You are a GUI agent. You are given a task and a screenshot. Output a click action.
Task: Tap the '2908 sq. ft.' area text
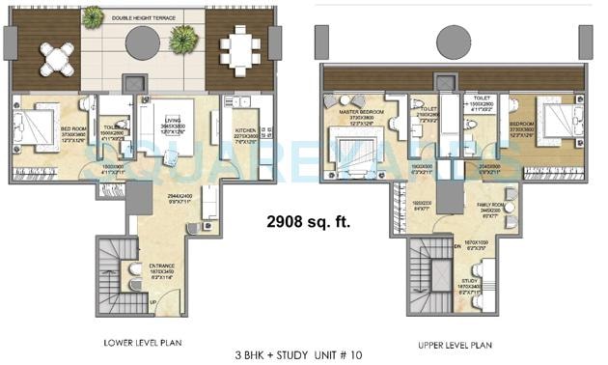pos(308,222)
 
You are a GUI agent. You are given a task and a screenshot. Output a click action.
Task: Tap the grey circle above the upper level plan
pos(456,42)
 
